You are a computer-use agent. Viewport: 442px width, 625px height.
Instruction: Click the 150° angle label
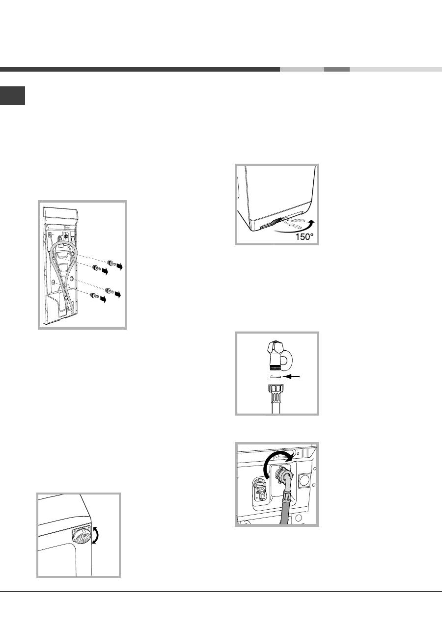tap(304, 237)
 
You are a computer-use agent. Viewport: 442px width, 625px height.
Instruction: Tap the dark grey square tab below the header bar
tap(13, 96)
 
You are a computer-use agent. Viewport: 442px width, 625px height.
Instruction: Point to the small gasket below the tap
tap(275, 377)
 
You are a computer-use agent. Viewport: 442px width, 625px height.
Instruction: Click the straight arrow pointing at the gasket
tap(291, 377)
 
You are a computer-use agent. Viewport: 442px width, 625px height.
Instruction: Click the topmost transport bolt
tap(112, 262)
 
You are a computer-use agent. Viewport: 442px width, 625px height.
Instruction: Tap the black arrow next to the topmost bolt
tap(119, 266)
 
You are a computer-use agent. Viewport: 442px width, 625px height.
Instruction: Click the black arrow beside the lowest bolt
tap(103, 299)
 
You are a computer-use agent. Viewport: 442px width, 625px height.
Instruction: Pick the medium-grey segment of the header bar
tap(337, 70)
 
